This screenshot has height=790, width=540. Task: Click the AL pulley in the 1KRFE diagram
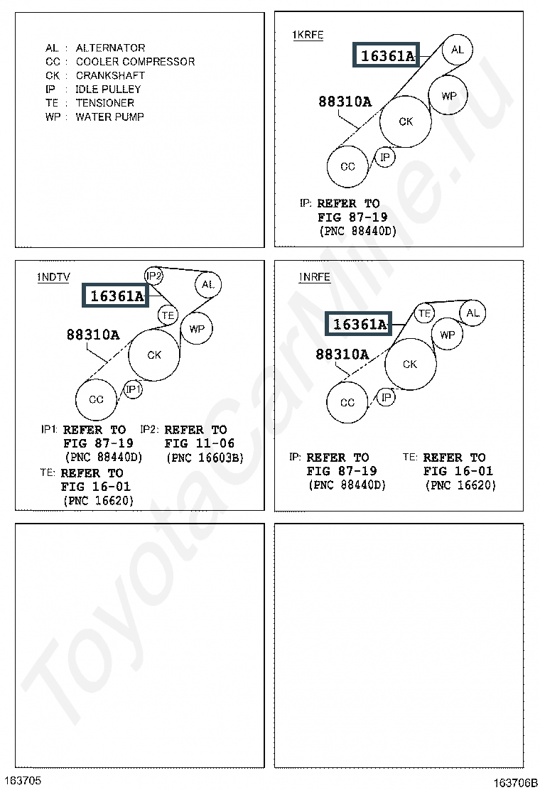tap(457, 50)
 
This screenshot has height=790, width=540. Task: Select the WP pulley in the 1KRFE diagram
tap(448, 95)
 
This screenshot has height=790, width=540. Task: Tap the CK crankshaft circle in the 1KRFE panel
tap(405, 121)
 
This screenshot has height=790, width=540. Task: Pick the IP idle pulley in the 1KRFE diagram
tap(385, 156)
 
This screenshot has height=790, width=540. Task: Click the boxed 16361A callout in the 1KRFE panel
tap(387, 55)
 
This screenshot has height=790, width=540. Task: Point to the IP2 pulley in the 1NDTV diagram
tap(154, 276)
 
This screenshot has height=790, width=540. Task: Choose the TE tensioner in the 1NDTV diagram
tap(168, 314)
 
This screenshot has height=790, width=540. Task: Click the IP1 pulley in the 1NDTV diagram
tap(134, 389)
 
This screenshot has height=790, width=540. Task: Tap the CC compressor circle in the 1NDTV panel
tap(96, 399)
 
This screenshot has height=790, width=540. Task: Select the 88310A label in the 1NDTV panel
tap(93, 335)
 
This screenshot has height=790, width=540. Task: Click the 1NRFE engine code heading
tap(315, 277)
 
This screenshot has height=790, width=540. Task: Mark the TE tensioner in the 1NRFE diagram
tap(425, 313)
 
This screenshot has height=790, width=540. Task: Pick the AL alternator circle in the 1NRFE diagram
tap(473, 313)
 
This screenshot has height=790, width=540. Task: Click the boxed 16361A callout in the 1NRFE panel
tap(360, 325)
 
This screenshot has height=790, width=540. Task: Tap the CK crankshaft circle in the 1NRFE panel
tap(410, 364)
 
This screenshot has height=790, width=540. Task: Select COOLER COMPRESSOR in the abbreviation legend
tap(135, 62)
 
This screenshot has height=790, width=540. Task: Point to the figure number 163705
tap(21, 780)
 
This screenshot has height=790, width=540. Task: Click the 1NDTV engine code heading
tap(53, 278)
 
